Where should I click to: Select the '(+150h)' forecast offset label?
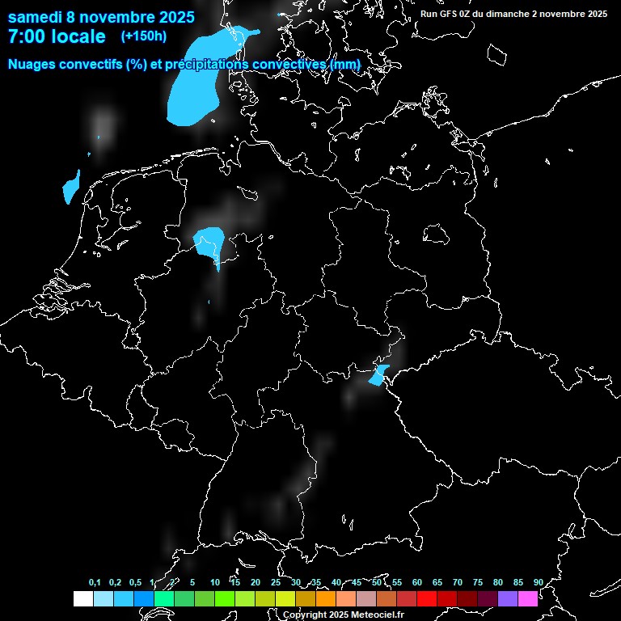[143, 36]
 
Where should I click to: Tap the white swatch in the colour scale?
[82, 599]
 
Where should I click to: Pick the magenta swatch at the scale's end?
[528, 599]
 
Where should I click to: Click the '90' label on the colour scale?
[538, 583]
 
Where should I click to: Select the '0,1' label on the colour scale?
[95, 583]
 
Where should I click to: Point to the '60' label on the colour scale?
[416, 583]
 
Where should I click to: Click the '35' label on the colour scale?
[315, 583]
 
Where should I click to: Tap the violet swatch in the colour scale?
[508, 599]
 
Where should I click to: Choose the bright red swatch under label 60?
[427, 599]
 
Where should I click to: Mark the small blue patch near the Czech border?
[378, 376]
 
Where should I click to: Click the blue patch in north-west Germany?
[210, 242]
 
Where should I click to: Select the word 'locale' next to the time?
[78, 36]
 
